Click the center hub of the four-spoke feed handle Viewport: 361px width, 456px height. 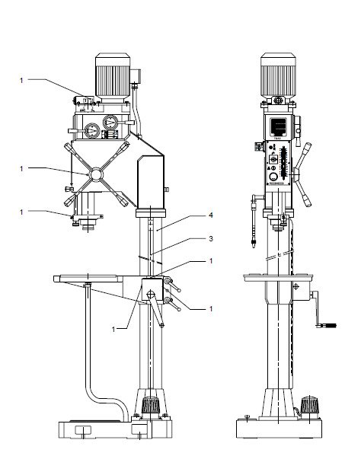97,174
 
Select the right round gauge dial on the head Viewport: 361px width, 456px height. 113,124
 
